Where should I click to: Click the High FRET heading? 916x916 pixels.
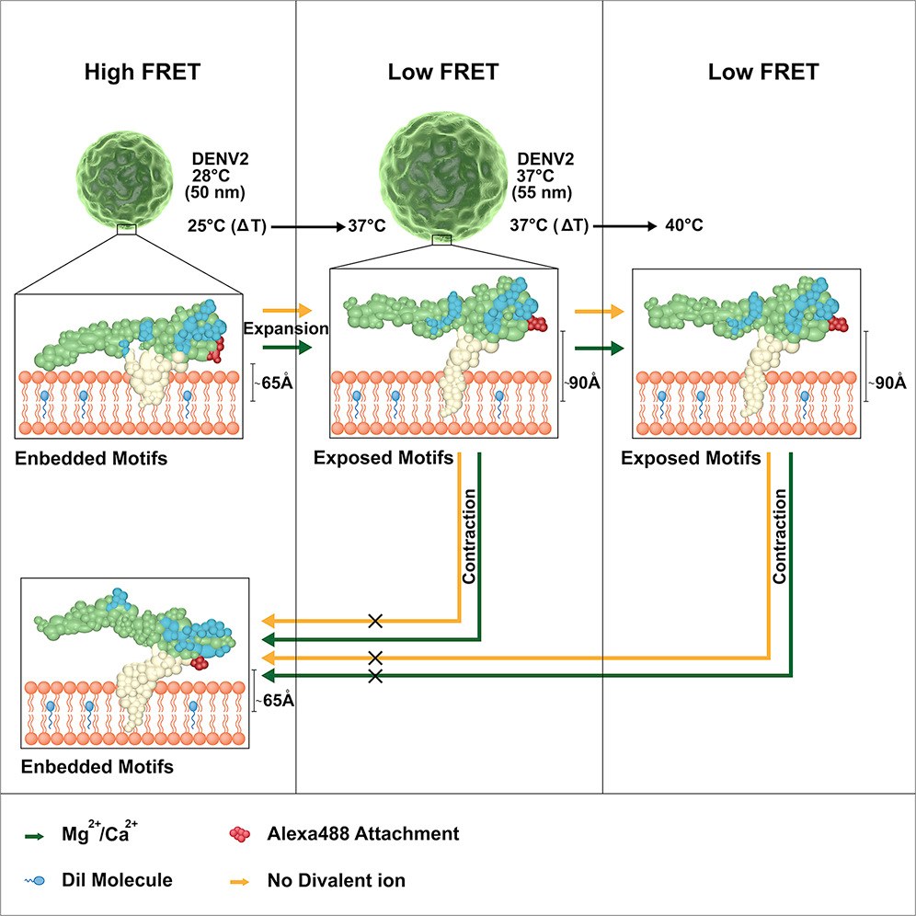click(143, 72)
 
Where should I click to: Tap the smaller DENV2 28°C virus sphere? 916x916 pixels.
click(124, 178)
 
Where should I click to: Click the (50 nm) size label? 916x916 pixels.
click(215, 192)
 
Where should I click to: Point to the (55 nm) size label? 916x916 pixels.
click(542, 192)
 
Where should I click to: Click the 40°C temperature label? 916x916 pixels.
click(684, 225)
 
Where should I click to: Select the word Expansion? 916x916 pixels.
click(286, 328)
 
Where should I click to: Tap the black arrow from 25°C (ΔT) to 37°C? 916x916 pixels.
click(308, 226)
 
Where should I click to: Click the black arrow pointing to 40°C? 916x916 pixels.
click(625, 226)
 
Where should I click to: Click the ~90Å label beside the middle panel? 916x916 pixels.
click(582, 383)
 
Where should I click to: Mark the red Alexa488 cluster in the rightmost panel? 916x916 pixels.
click(839, 325)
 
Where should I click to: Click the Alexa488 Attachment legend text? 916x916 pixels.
click(362, 833)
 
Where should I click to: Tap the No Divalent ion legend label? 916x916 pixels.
click(336, 880)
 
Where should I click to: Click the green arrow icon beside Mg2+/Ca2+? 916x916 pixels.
click(34, 837)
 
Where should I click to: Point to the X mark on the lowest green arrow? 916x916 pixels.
click(375, 677)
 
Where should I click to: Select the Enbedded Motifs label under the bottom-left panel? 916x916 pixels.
click(97, 766)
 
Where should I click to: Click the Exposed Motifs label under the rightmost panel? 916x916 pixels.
click(691, 459)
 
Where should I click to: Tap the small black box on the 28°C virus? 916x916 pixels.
click(127, 230)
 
